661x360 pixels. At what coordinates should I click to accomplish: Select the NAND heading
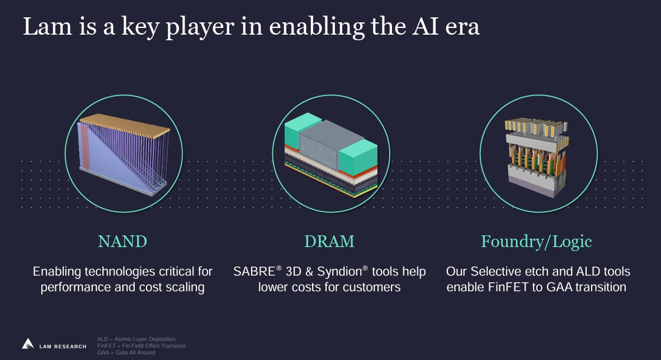pyautogui.click(x=122, y=241)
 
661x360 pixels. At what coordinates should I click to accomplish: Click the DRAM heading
pyautogui.click(x=329, y=241)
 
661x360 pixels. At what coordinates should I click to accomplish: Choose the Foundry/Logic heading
pyautogui.click(x=536, y=241)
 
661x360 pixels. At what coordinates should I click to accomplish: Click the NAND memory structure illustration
pyautogui.click(x=124, y=154)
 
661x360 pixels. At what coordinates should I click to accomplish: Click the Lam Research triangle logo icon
pyautogui.click(x=28, y=343)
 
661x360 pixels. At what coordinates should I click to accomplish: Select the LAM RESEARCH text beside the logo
pyautogui.click(x=63, y=347)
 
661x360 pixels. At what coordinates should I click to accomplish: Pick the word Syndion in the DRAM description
pyautogui.click(x=340, y=272)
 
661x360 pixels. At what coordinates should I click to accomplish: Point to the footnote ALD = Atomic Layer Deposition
pyautogui.click(x=136, y=339)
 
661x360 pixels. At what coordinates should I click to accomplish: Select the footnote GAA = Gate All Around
pyautogui.click(x=126, y=353)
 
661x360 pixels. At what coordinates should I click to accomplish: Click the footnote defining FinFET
pyautogui.click(x=141, y=346)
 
